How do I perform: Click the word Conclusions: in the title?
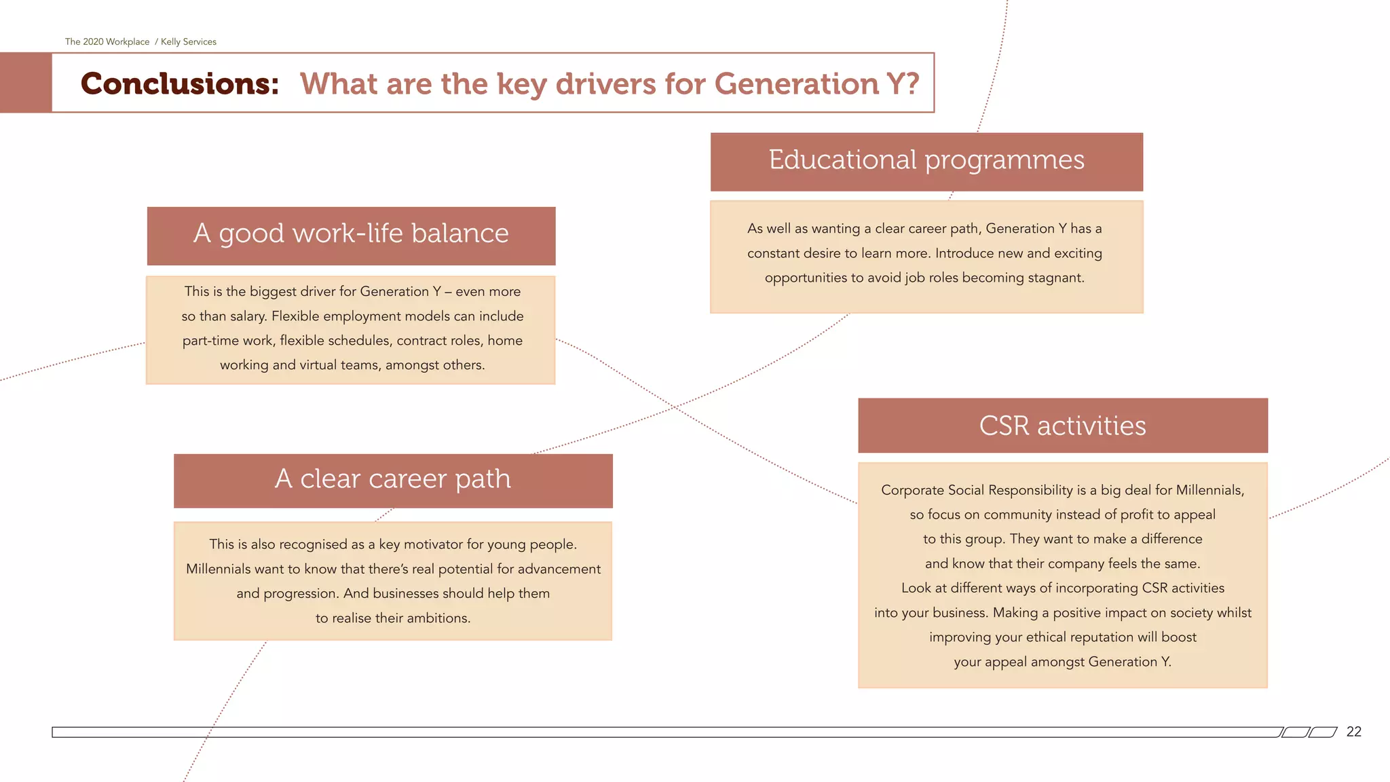pyautogui.click(x=180, y=83)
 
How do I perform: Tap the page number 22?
pyautogui.click(x=1353, y=732)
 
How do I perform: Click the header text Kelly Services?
pyautogui.click(x=189, y=42)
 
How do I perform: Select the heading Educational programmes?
pyautogui.click(x=926, y=160)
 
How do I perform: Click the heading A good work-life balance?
pyautogui.click(x=351, y=234)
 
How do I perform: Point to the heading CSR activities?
pyautogui.click(x=1062, y=426)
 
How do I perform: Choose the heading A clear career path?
pyautogui.click(x=392, y=479)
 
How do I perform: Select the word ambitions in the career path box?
pyautogui.click(x=438, y=618)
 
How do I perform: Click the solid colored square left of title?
pyautogui.click(x=26, y=83)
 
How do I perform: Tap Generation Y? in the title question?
pyautogui.click(x=816, y=84)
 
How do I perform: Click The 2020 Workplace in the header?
pyautogui.click(x=107, y=42)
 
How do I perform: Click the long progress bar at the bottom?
pyautogui.click(x=665, y=732)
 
